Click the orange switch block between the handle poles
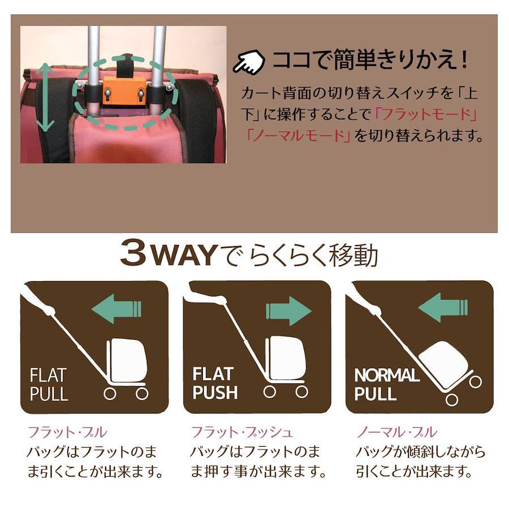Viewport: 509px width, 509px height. point(124,92)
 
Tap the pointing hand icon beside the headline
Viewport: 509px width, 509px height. point(249,61)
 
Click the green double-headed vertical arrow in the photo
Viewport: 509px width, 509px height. point(45,97)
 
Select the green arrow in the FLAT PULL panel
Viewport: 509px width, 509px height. point(117,309)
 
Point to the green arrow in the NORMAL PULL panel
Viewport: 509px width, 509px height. point(443,308)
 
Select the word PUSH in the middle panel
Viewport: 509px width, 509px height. point(215,392)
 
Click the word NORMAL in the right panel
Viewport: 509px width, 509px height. point(387,376)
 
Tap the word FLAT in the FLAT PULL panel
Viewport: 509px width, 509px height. point(48,376)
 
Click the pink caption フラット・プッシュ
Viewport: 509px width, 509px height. point(242,432)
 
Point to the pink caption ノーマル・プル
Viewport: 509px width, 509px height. point(396,432)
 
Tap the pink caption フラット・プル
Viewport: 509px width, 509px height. point(67,432)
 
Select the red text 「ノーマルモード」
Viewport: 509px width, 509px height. point(298,135)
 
